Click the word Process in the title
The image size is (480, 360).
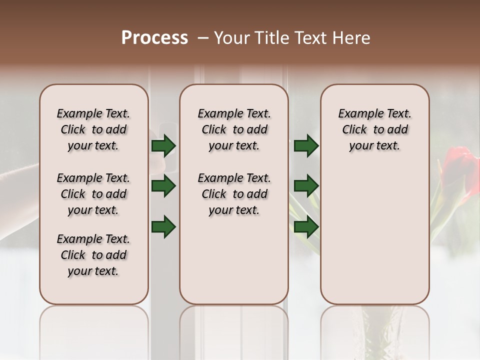154,38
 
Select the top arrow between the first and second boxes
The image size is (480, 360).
163,145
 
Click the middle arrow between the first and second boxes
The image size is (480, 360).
163,186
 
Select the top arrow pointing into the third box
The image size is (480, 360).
306,145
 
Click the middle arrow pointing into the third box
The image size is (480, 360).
306,186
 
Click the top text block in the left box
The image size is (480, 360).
93,129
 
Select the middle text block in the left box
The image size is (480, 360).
93,194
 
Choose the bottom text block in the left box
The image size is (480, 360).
93,255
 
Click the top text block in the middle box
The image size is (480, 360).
234,129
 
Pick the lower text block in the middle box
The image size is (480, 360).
234,194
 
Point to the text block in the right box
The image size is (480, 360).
374,129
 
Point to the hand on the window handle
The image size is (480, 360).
20,180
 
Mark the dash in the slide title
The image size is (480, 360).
202,38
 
